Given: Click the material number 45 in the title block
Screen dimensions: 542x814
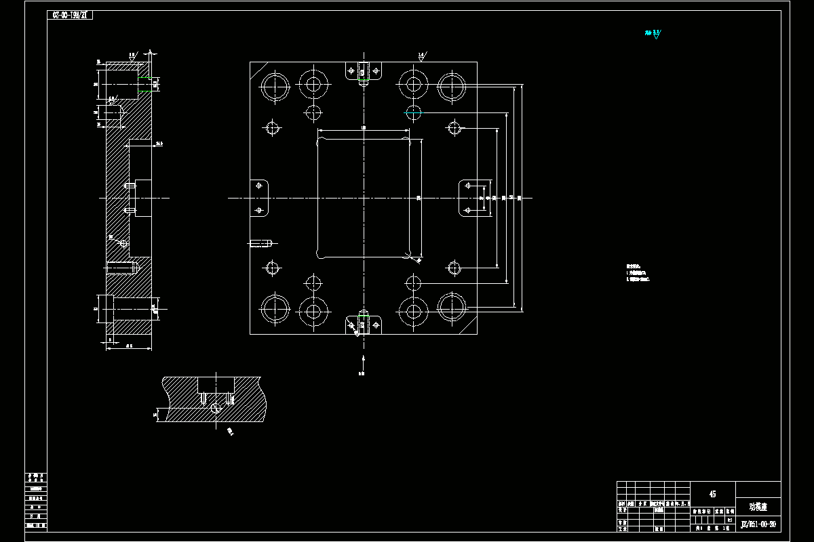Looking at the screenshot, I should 712,494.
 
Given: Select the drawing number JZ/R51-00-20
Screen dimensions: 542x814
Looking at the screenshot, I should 758,524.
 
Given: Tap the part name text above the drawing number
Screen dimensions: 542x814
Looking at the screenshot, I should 758,506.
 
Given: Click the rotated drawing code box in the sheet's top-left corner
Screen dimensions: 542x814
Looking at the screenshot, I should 70,15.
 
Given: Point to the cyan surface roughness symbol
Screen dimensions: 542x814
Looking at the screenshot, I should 655,33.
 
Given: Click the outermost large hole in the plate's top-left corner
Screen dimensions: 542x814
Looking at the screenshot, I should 275,86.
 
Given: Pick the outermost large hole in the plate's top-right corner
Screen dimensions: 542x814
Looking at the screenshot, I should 451,86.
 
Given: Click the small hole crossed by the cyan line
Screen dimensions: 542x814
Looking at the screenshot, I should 413,112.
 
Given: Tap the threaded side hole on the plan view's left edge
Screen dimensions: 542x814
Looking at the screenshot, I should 261,243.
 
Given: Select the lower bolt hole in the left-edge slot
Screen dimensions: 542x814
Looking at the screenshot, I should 258,210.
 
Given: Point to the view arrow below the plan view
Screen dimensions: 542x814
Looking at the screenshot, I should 364,360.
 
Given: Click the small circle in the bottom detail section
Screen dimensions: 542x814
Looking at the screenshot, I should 216,407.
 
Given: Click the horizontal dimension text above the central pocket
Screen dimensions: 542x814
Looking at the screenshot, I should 364,127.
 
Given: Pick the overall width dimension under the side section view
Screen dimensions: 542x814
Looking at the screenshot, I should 129,346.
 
